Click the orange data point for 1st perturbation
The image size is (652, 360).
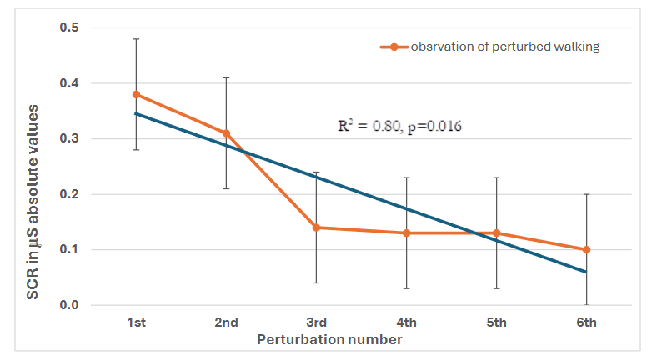point(136,94)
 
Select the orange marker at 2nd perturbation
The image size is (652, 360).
point(226,133)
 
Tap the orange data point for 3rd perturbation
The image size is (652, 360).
point(316,227)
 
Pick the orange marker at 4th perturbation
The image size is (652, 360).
point(406,232)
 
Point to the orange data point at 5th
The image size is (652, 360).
point(496,232)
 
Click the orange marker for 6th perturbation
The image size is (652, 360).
point(586,249)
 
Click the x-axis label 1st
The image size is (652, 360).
point(136,322)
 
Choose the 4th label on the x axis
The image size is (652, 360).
point(406,322)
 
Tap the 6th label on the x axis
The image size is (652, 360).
point(586,322)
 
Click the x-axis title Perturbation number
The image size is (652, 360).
point(329,340)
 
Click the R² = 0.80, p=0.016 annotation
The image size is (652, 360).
point(399,127)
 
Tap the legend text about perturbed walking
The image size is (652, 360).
point(505,47)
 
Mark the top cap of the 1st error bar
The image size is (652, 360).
point(136,39)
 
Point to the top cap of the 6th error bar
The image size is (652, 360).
point(586,194)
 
